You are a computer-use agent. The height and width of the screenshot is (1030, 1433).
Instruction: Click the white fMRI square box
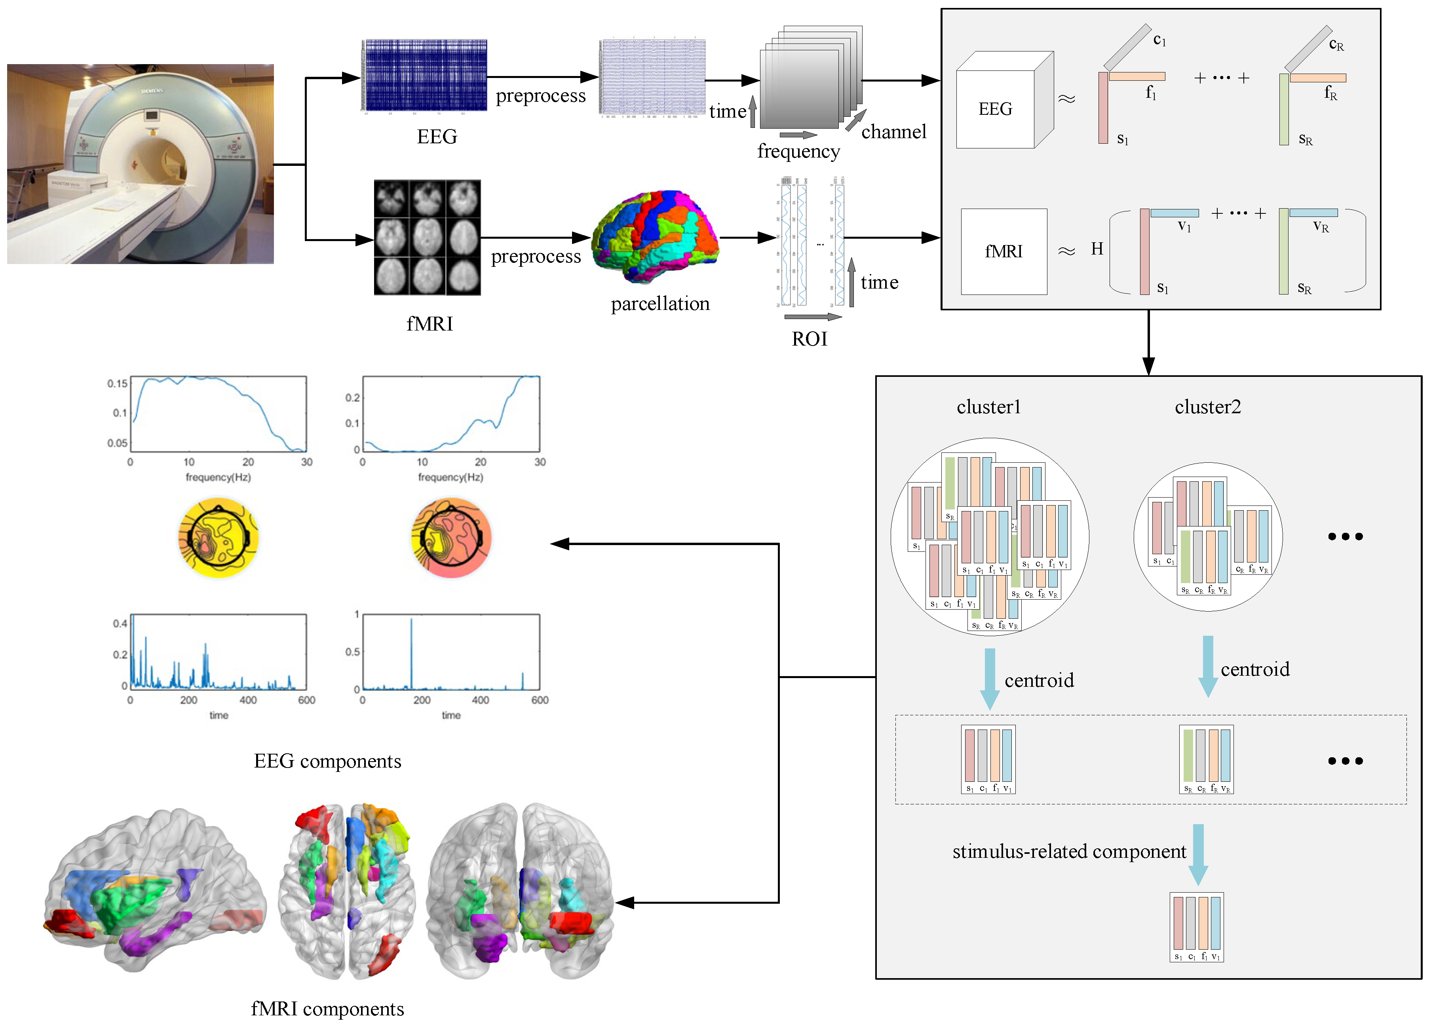point(1003,251)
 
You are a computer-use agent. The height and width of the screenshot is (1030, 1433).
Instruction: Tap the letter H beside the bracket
point(1097,249)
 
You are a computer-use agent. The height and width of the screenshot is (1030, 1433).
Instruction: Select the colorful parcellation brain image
point(655,237)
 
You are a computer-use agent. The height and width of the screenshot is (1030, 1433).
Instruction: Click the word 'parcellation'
point(659,304)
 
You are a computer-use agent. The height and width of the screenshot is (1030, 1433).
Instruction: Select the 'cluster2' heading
point(1207,407)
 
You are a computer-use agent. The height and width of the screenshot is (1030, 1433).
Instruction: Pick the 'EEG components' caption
point(327,762)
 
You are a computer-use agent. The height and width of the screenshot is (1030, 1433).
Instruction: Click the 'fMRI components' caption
point(327,1009)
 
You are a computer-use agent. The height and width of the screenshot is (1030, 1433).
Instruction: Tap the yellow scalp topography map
point(219,538)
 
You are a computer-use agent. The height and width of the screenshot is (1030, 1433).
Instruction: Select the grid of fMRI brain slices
point(427,238)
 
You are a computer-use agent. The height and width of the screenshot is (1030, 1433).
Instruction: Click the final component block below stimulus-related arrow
point(1197,927)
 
